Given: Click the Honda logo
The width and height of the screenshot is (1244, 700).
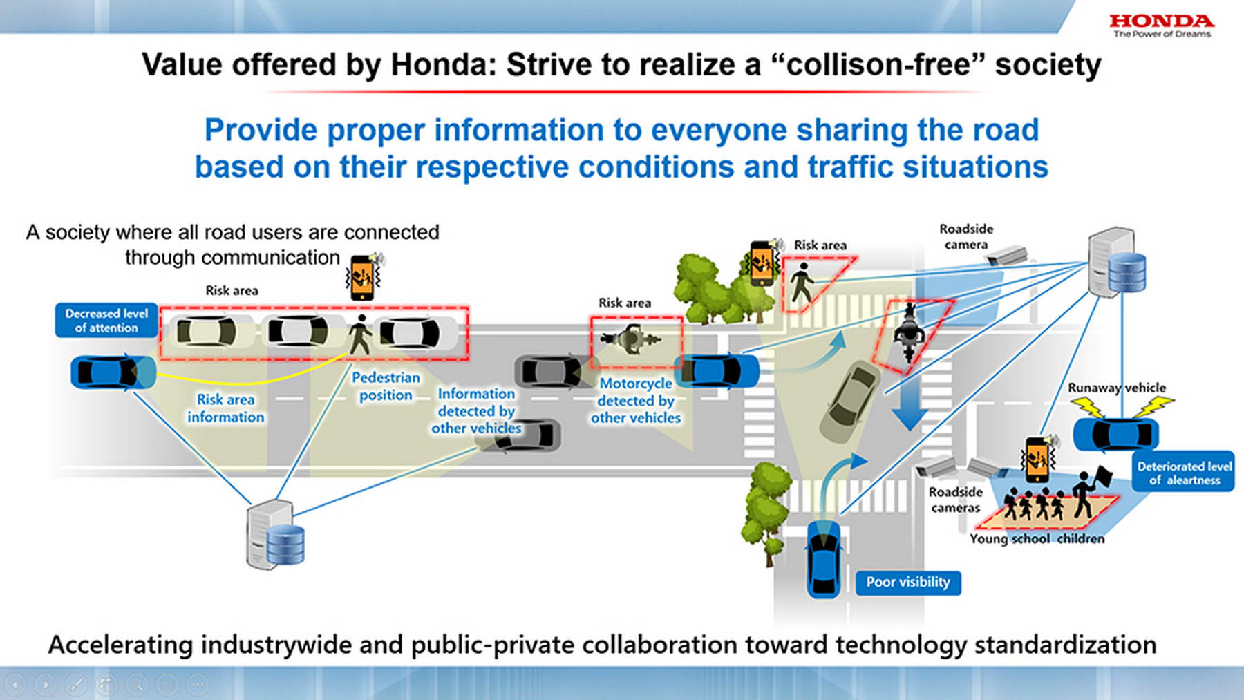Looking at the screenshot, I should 1161,25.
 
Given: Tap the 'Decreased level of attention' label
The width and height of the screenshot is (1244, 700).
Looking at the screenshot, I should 106,321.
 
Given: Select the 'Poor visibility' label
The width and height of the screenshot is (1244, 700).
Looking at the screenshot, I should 908,583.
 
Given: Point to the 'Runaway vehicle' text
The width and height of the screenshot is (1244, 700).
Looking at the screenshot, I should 1116,388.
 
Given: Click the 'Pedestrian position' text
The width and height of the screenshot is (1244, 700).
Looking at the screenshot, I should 386,386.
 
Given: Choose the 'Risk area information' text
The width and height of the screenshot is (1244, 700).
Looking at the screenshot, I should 225,408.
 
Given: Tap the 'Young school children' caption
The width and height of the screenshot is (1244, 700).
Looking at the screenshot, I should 1037,539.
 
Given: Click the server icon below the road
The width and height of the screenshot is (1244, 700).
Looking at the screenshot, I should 274,535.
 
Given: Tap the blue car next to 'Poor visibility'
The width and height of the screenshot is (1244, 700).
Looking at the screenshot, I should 824,559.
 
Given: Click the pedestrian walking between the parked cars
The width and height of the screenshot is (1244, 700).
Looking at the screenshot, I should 359,334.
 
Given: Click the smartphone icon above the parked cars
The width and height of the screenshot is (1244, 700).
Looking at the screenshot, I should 363,277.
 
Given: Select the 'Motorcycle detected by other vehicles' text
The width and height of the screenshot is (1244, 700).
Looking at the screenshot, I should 635,401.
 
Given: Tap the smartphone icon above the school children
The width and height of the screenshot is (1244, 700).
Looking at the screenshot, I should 1037,460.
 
